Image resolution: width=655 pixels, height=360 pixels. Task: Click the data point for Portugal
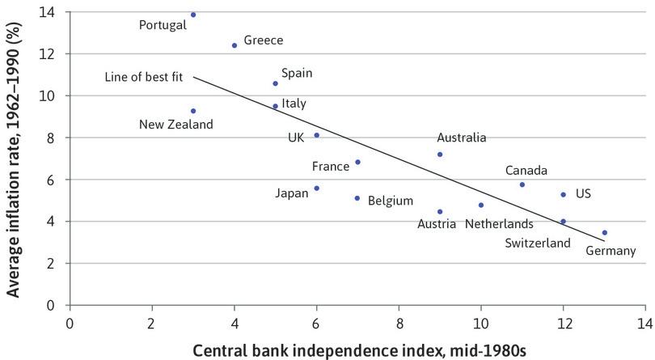193,15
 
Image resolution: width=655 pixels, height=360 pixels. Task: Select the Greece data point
235,45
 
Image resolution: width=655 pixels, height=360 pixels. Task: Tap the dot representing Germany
604,232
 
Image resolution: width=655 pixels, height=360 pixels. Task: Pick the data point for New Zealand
193,111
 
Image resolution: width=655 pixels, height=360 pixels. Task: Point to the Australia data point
440,155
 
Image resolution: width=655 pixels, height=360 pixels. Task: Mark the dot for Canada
522,184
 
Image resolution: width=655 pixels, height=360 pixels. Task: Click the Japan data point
316,188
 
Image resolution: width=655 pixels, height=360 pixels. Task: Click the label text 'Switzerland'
538,243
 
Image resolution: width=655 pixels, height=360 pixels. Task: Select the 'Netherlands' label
499,223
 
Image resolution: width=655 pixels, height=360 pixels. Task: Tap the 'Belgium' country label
391,200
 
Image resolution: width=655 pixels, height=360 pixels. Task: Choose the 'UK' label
296,138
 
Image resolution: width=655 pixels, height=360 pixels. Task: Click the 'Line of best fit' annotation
144,78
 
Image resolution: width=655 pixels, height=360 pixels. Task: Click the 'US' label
583,194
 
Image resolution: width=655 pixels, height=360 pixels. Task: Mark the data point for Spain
275,83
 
